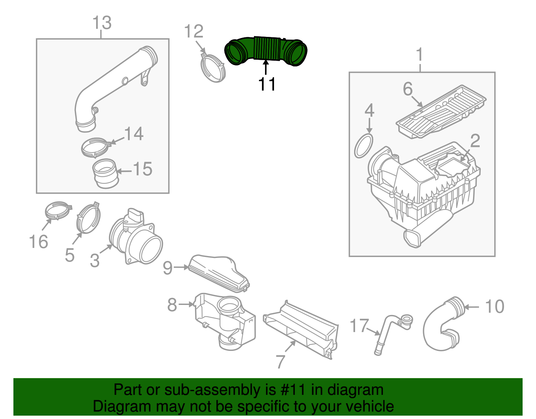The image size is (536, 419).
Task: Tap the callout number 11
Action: (267, 84)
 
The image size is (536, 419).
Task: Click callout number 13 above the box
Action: (102, 23)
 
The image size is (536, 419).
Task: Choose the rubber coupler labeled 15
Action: (105, 173)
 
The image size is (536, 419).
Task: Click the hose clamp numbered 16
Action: (58, 210)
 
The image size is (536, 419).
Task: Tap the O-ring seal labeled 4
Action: (363, 146)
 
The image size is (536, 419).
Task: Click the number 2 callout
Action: (475, 141)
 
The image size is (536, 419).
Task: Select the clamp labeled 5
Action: (88, 218)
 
